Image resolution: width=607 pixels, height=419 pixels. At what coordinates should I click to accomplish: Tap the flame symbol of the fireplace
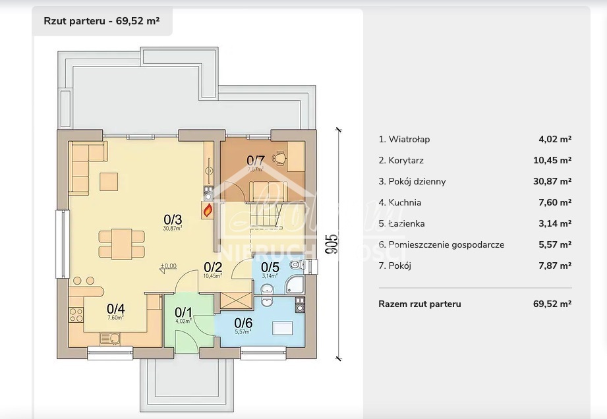pyautogui.click(x=208, y=211)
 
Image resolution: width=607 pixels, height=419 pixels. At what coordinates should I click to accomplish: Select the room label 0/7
pyautogui.click(x=255, y=160)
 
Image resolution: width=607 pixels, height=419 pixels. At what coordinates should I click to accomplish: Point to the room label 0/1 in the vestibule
pyautogui.click(x=183, y=312)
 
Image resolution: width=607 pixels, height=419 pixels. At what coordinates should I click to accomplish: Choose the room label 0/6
pyautogui.click(x=243, y=323)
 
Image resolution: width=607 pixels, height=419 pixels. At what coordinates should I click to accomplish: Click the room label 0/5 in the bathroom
pyautogui.click(x=270, y=267)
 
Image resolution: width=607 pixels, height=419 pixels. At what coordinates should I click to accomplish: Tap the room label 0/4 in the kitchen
pyautogui.click(x=116, y=308)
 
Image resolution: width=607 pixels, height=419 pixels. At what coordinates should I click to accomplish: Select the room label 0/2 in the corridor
pyautogui.click(x=213, y=267)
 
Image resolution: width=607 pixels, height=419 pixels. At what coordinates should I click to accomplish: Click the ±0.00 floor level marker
pyautogui.click(x=168, y=266)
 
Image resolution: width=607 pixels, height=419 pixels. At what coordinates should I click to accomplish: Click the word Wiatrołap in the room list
pyautogui.click(x=409, y=139)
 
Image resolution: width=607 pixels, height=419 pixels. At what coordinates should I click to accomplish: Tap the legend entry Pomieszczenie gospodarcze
pyautogui.click(x=446, y=244)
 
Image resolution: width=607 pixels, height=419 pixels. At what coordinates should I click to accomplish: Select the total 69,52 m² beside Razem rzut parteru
pyautogui.click(x=552, y=304)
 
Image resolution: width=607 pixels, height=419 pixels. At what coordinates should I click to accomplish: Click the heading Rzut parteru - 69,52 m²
pyautogui.click(x=101, y=20)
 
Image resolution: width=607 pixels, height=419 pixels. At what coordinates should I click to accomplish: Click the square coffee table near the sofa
pyautogui.click(x=109, y=181)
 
